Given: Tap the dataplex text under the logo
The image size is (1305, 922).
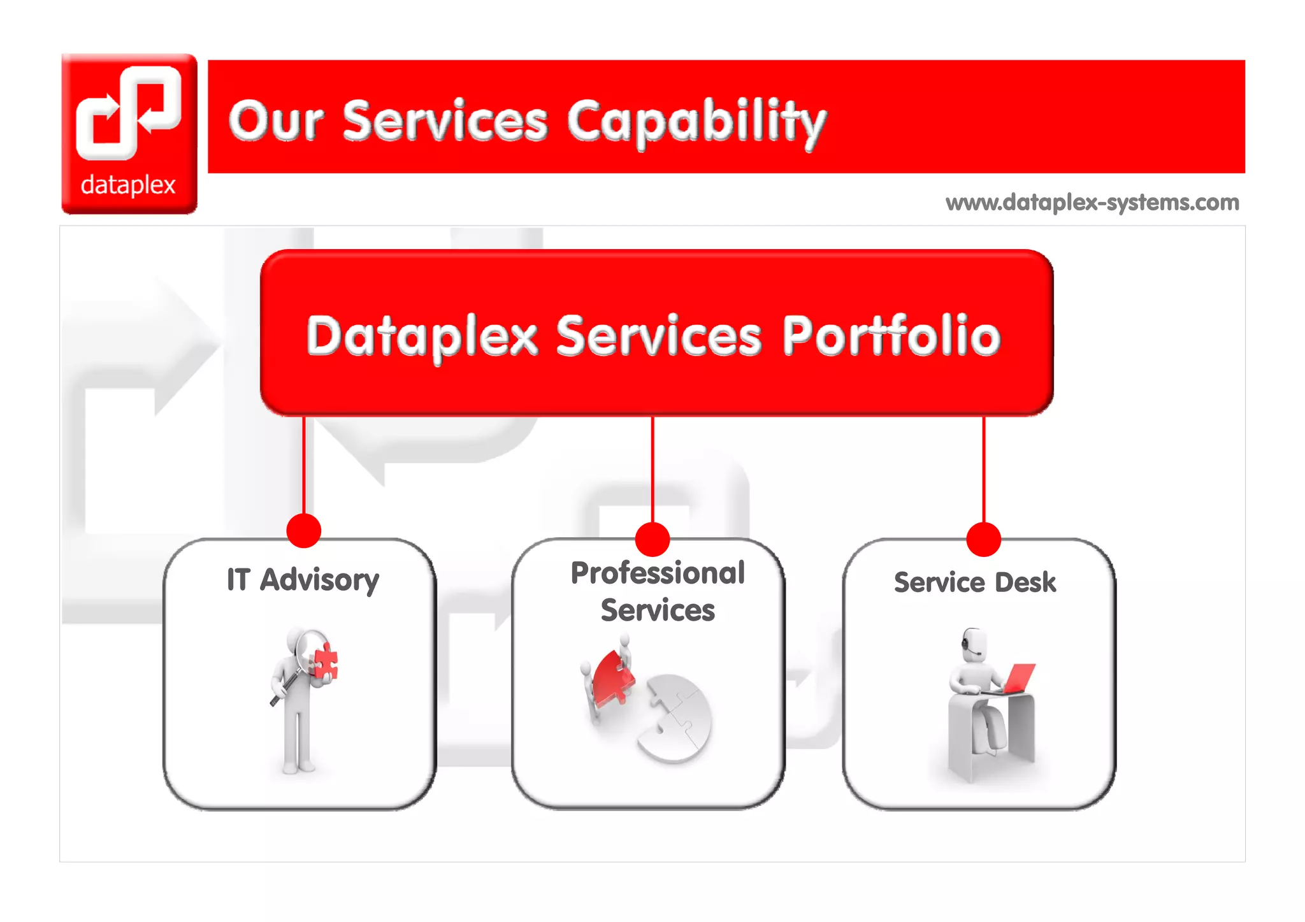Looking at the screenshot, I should [x=128, y=185].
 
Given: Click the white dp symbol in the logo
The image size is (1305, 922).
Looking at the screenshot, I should [x=129, y=112].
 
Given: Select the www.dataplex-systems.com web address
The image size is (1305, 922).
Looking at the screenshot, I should [x=1092, y=203].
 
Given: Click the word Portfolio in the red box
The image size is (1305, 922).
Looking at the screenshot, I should [x=891, y=335].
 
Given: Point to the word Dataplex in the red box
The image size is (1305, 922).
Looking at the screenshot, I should [x=422, y=336].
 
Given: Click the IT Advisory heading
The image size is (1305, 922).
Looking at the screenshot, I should [x=303, y=580].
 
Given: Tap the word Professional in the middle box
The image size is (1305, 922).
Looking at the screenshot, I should [x=658, y=573].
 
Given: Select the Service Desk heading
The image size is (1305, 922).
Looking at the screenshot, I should [x=975, y=582].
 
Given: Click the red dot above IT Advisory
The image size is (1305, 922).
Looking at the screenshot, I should [x=303, y=531].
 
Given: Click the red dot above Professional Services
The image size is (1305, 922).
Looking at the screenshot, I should [x=652, y=539].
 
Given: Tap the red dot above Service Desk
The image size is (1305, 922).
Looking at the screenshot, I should [x=983, y=539].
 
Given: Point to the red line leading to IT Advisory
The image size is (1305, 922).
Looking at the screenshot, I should [x=304, y=465].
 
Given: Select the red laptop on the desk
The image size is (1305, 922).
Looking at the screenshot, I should [x=1020, y=678].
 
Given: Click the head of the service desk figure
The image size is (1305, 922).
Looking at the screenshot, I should [x=974, y=644].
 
